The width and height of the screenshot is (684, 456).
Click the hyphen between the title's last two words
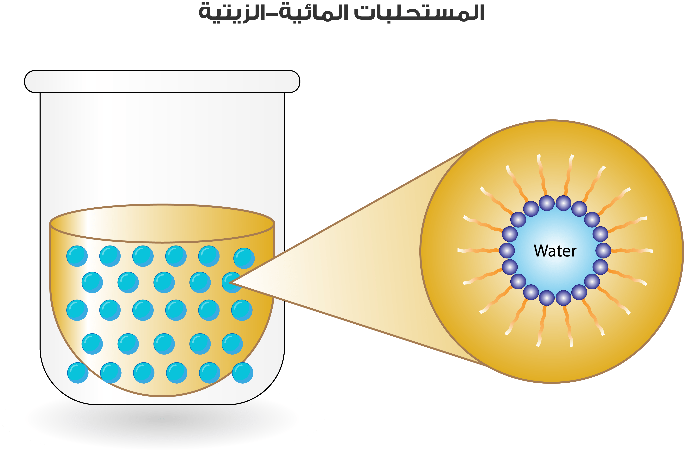click(272, 16)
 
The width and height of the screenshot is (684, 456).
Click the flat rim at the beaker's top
click(162, 81)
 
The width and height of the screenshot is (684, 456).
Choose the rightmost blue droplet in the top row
click(244, 258)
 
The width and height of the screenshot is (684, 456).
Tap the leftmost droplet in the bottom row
click(78, 373)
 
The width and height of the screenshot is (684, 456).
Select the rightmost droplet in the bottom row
click(243, 373)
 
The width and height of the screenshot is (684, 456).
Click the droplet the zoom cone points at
click(232, 282)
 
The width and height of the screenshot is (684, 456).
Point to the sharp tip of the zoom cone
click(229, 282)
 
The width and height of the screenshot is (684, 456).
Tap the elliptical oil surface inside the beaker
click(162, 223)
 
